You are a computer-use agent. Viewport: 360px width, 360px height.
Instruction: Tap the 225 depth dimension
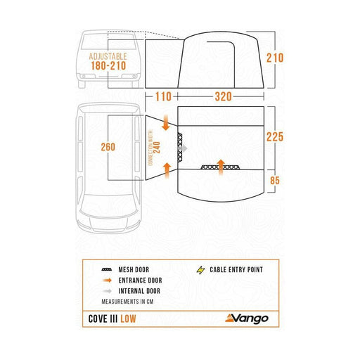click(x=275, y=137)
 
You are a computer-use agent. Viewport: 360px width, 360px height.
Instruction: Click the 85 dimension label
click(x=275, y=182)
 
